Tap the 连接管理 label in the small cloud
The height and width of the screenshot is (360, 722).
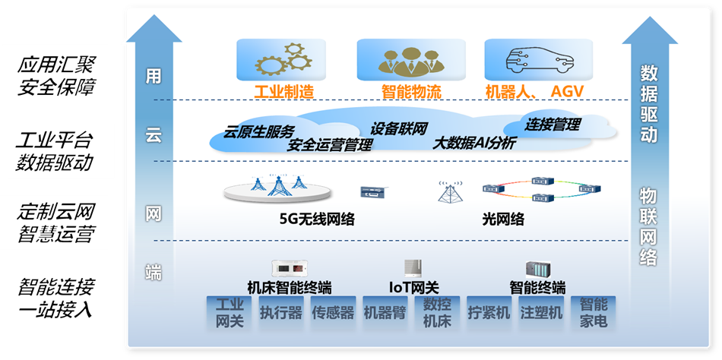coord(553,124)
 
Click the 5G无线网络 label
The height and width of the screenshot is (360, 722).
coord(317,219)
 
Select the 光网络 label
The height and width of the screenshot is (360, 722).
coord(503,219)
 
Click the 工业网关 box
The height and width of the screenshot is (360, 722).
coord(230,313)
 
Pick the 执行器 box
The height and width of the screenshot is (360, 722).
coord(281,313)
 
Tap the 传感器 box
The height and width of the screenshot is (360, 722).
coord(333,313)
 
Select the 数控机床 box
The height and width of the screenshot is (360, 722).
coord(437,313)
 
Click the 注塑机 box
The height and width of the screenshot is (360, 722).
coord(540,313)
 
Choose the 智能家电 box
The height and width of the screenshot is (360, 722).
coord(593,313)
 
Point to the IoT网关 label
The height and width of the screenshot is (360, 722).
coord(413,287)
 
